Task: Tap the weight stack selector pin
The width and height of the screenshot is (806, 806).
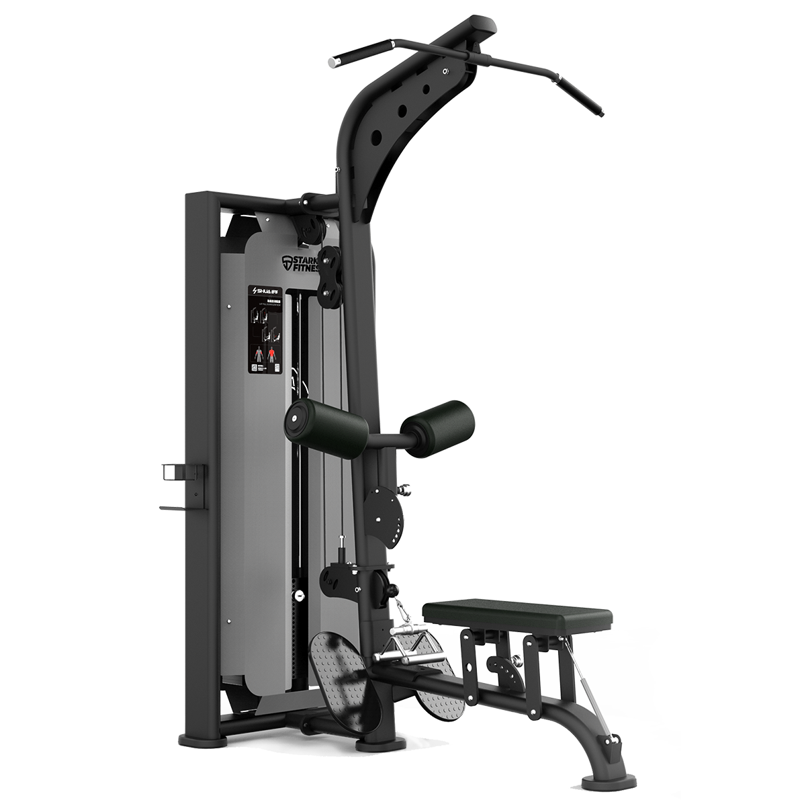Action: click(297, 594)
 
